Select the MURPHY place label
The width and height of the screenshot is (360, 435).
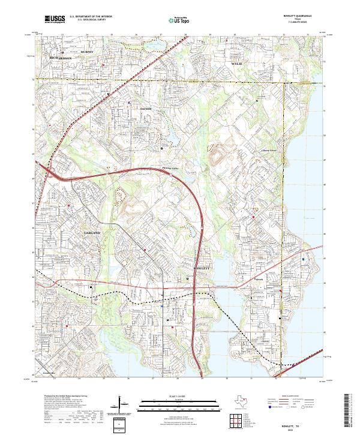tap(88, 53)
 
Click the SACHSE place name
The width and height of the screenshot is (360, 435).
tap(147, 109)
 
